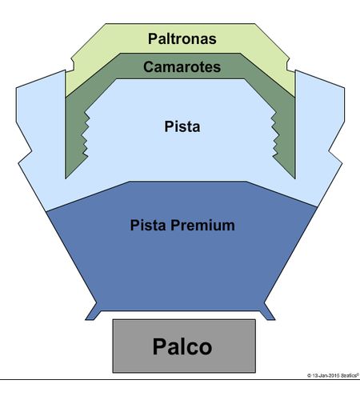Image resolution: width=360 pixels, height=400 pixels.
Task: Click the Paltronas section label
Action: tap(182, 38)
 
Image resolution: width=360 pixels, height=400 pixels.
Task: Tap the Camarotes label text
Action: tap(182, 66)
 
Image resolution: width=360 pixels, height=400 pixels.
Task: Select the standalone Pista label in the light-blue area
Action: tap(182, 126)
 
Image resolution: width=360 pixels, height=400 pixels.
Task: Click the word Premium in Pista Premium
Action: tap(202, 225)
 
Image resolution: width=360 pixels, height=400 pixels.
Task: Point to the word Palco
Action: tap(182, 346)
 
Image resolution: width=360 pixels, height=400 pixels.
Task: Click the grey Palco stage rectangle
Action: tap(184, 346)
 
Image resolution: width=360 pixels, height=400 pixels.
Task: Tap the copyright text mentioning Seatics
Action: tap(333, 375)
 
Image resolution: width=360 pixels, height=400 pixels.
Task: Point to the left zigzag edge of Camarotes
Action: tap(86, 134)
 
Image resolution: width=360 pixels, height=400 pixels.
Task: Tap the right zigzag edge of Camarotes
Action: tap(274, 134)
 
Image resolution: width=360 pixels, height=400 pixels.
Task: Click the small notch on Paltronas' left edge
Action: tap(73, 65)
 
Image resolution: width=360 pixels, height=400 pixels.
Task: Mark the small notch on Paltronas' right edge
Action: tap(288, 65)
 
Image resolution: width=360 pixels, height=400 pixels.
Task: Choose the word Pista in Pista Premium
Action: tap(148, 225)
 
